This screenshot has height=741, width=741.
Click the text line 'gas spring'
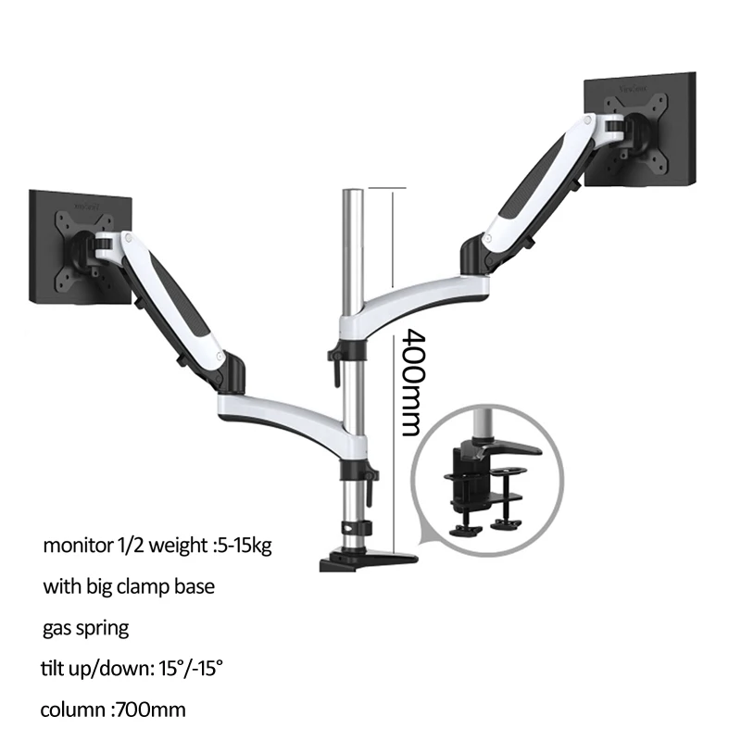85,629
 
